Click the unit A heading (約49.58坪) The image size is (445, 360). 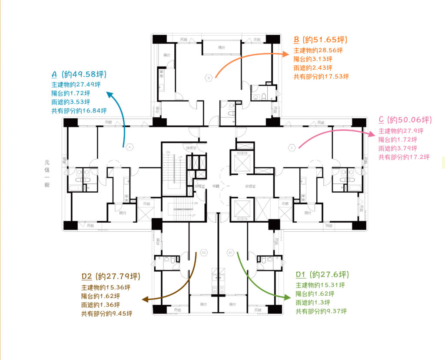[x=79, y=74]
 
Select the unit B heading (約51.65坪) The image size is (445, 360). [x=321, y=40]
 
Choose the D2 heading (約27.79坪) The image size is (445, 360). [x=111, y=277]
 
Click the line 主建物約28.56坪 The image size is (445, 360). [x=318, y=50]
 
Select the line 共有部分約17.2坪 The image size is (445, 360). [x=404, y=157]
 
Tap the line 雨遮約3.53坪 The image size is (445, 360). [x=70, y=102]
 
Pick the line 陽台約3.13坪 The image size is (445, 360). [x=313, y=59]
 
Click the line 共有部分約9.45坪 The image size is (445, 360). [x=106, y=313]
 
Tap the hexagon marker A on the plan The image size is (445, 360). [x=129, y=147]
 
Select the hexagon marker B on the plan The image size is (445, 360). [x=209, y=78]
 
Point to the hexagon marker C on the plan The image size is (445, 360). [x=292, y=148]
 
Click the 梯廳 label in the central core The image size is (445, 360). [x=216, y=186]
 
